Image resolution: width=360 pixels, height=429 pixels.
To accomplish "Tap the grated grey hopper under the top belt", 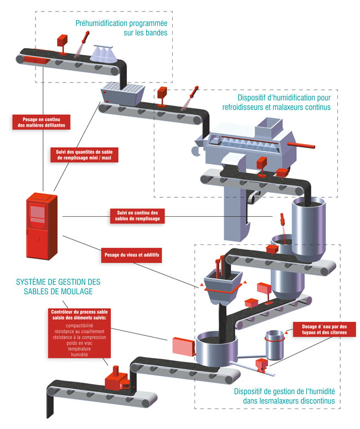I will [x=122, y=91].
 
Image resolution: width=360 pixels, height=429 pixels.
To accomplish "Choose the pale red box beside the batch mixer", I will [x=183, y=347].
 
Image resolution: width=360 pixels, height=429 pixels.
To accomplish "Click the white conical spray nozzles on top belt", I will [x=105, y=55].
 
